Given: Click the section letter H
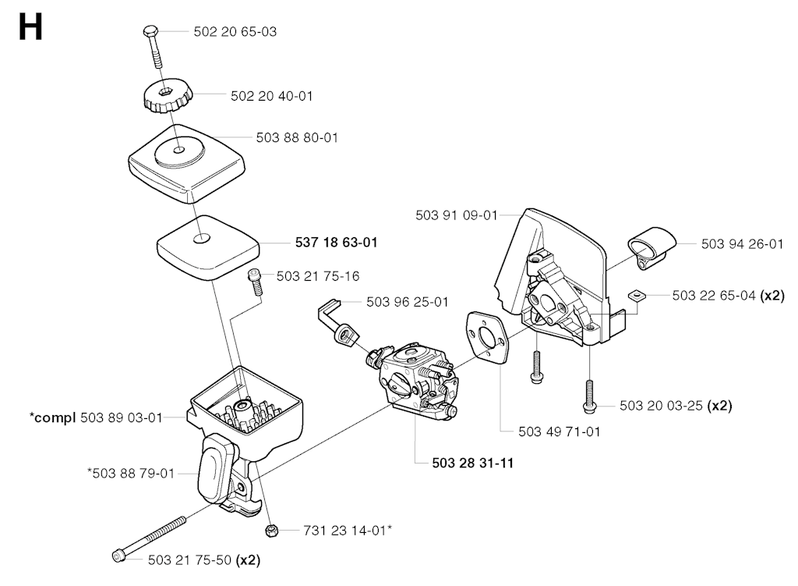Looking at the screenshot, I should [x=30, y=29].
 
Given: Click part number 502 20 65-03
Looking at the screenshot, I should [x=235, y=32].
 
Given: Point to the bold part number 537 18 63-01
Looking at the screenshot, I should [x=336, y=243].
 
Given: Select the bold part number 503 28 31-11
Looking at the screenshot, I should [x=472, y=463].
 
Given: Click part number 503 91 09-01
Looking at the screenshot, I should [x=456, y=215].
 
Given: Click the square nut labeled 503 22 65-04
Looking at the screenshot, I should [x=637, y=296].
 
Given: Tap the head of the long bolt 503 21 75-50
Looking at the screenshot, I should [x=119, y=556].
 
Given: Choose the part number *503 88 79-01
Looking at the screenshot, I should [x=131, y=472].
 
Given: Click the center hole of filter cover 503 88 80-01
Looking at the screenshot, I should [x=180, y=148].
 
